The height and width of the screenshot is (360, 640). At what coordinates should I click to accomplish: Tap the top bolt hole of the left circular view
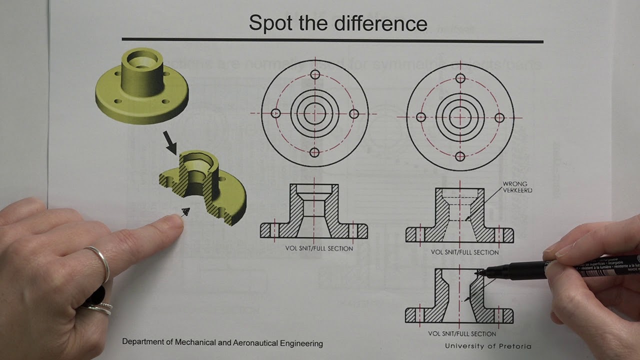[314, 75]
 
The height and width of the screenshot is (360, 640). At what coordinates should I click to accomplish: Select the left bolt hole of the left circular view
[275, 113]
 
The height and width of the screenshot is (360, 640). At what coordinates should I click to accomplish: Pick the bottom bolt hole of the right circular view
[460, 156]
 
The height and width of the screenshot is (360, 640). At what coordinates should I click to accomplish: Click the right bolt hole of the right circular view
[499, 117]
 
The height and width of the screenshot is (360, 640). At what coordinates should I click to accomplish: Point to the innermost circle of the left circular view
[314, 113]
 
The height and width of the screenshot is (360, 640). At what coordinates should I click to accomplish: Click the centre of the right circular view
[460, 117]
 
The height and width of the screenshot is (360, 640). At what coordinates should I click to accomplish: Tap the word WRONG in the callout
[515, 184]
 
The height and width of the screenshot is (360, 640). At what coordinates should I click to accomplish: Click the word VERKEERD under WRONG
[518, 190]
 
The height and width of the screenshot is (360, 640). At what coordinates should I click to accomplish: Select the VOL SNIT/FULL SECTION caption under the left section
[319, 248]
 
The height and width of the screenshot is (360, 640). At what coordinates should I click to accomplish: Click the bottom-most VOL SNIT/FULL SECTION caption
[462, 333]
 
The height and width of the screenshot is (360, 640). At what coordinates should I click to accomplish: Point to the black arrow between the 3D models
[170, 142]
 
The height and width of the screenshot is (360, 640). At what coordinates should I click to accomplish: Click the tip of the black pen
[478, 272]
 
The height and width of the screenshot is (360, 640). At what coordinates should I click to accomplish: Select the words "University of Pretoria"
[488, 346]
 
